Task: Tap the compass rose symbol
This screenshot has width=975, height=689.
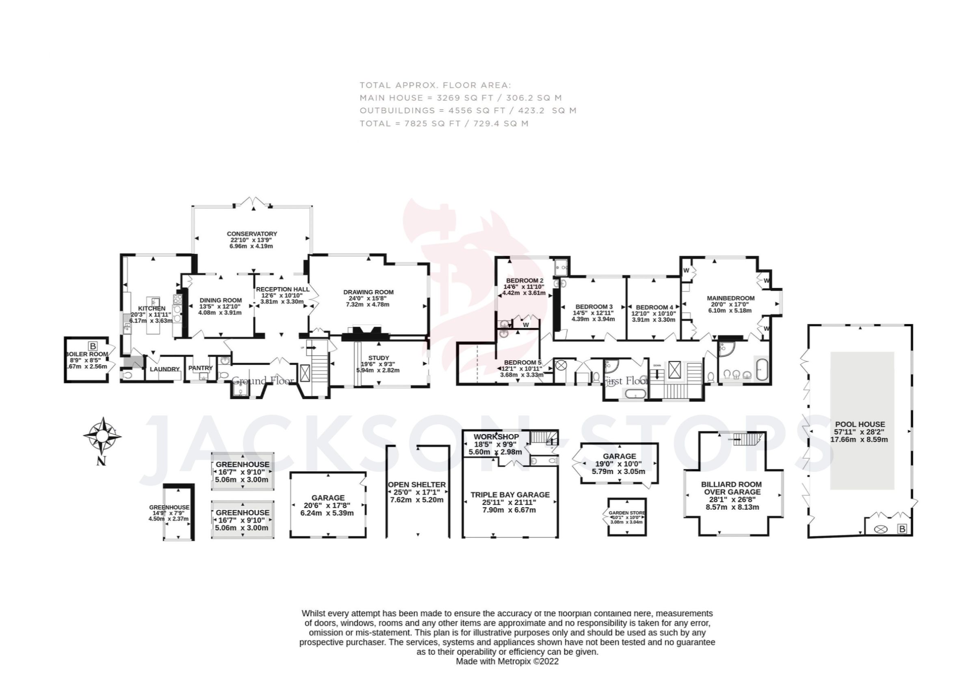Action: click(x=102, y=436)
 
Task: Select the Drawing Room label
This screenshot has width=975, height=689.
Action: click(x=368, y=292)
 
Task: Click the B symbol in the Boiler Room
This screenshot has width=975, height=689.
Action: click(x=93, y=346)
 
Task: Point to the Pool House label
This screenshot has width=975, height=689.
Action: click(x=860, y=424)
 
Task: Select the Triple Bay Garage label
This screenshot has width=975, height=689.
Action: click(x=509, y=495)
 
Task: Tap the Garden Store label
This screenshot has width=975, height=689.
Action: click(x=626, y=513)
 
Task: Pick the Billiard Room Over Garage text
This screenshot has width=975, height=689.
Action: click(x=731, y=488)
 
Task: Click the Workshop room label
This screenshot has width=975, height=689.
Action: click(x=496, y=436)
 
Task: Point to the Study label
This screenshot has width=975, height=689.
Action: click(x=378, y=358)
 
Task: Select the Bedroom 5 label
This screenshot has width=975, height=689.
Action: click(x=522, y=363)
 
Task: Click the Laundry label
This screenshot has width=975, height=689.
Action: click(x=165, y=369)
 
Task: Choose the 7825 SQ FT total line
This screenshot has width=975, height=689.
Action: click(x=444, y=123)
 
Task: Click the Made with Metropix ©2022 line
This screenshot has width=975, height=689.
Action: click(x=507, y=661)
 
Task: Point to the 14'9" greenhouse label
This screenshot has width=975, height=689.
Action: click(x=169, y=507)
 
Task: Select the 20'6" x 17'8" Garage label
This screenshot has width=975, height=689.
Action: click(x=327, y=497)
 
